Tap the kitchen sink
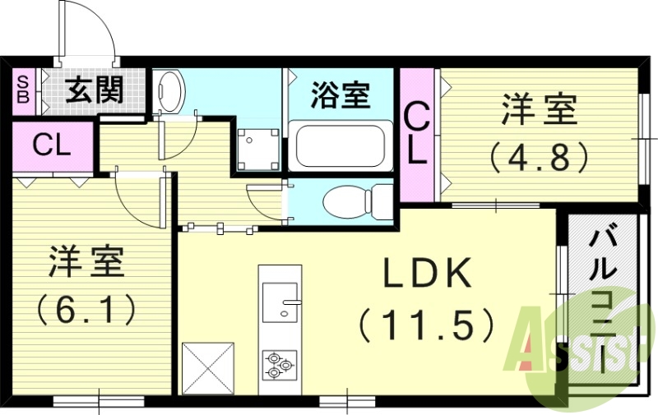click(280, 300)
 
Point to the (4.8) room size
click(538, 156)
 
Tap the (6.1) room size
click(86, 311)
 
